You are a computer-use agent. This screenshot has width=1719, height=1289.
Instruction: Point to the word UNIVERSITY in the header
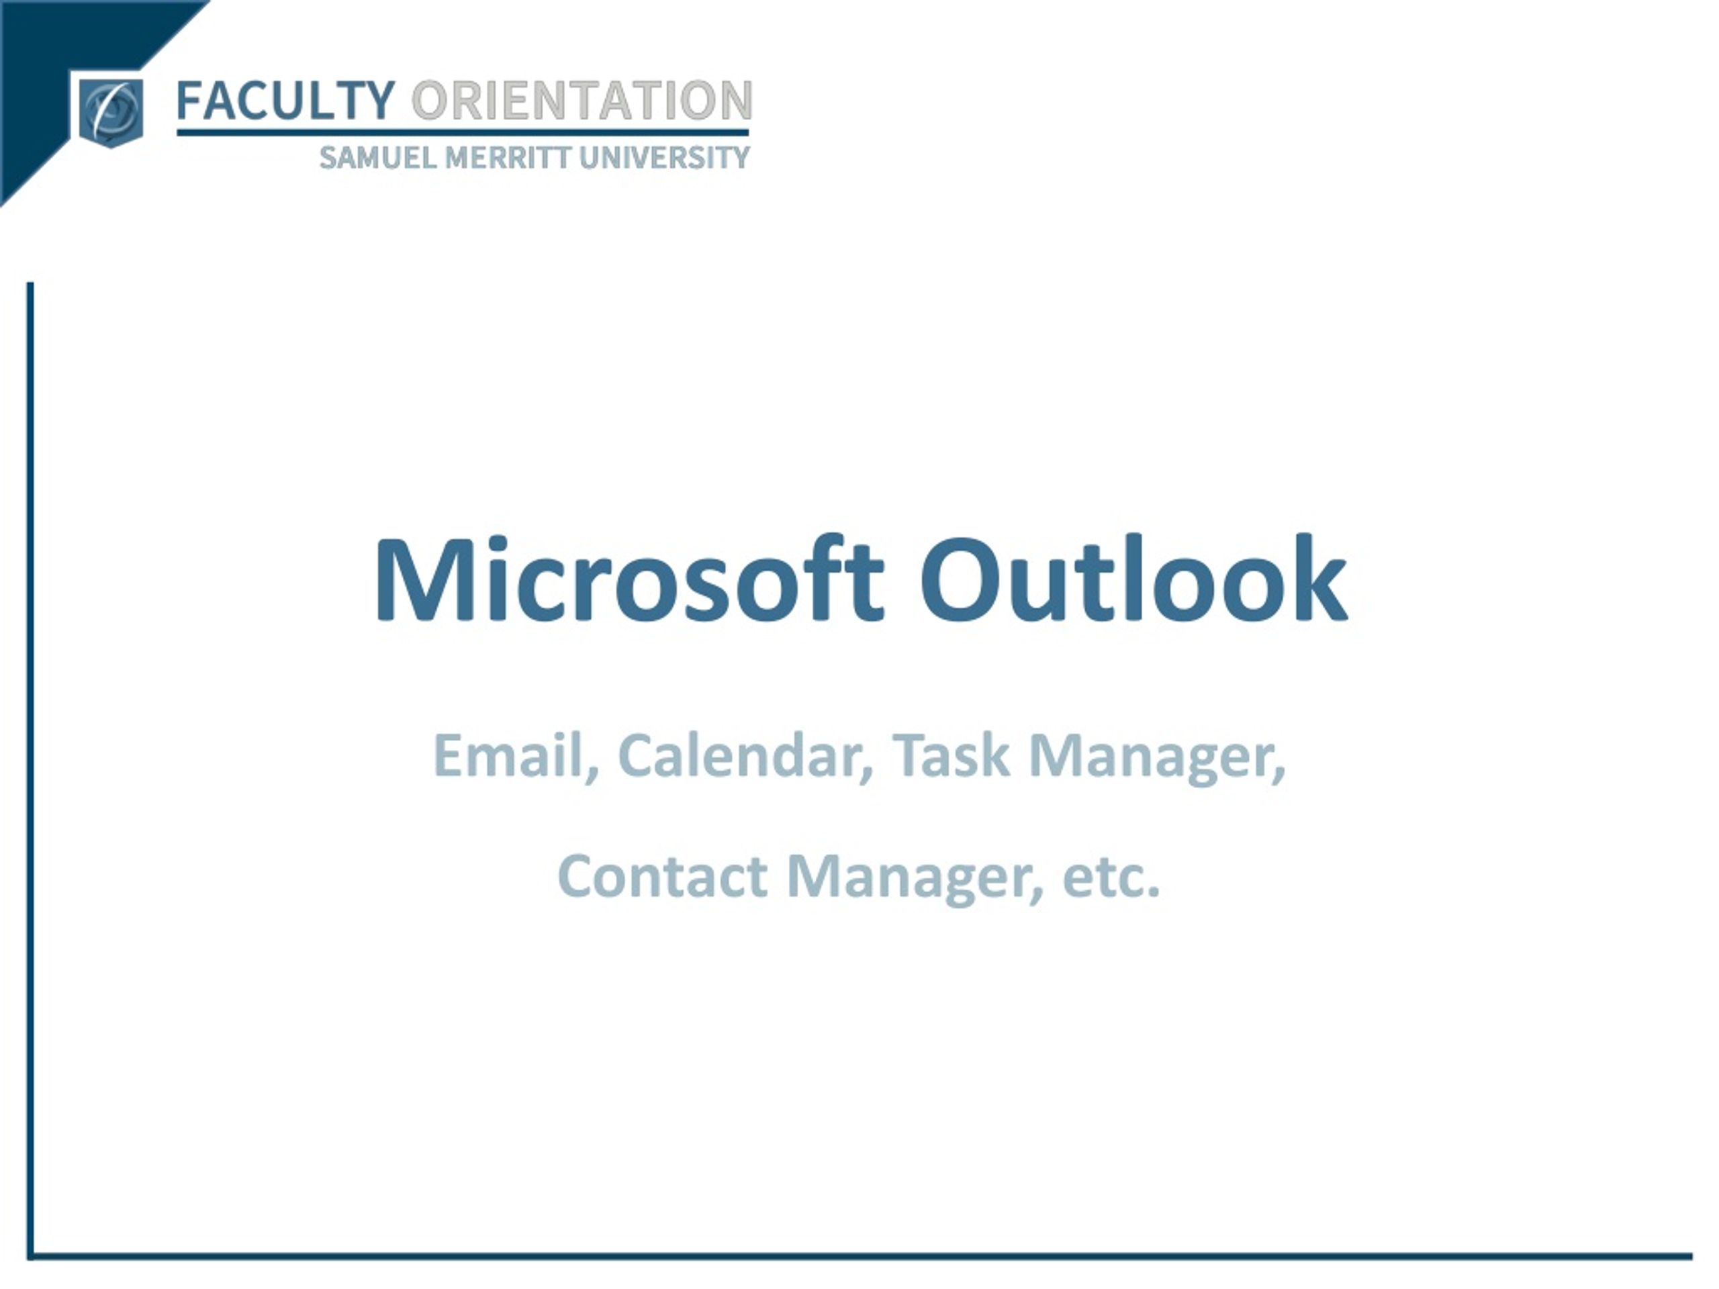[x=665, y=158]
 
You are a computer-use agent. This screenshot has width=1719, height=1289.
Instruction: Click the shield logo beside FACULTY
[x=111, y=112]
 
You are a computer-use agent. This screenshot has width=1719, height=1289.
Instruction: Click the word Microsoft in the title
[x=628, y=581]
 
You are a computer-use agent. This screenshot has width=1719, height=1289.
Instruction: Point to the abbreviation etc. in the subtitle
[x=1111, y=876]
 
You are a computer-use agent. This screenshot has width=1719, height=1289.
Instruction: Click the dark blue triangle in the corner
[x=46, y=46]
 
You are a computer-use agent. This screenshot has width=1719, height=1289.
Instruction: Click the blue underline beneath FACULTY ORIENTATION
[x=463, y=133]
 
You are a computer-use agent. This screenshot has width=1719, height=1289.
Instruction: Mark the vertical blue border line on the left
[x=30, y=700]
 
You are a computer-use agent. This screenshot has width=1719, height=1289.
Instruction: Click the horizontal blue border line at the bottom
[x=855, y=1256]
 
